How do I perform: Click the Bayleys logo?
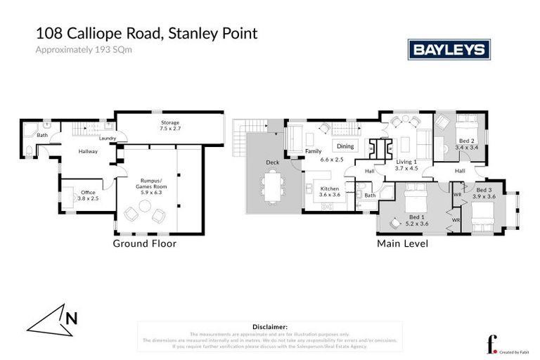[x=449, y=50]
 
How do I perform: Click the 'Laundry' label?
[x=108, y=139]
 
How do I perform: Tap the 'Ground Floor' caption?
[x=145, y=244]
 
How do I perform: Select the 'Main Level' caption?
[x=402, y=244]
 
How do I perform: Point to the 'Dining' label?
[x=345, y=146]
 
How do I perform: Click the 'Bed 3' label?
[x=484, y=190]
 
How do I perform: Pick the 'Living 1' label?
[x=406, y=162]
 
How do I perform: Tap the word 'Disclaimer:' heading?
[x=269, y=327]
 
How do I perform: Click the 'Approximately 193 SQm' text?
[x=75, y=49]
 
